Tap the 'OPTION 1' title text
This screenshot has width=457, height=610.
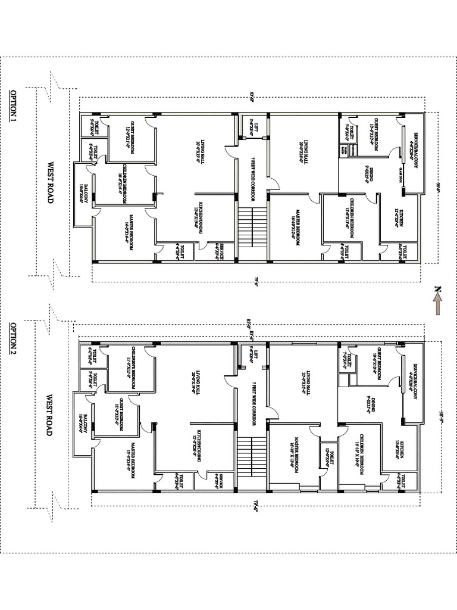click(13, 107)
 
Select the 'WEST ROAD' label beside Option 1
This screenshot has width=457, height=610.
click(50, 182)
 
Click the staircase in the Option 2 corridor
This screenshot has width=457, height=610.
click(251, 462)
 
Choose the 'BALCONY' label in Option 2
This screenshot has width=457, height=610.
click(83, 424)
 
